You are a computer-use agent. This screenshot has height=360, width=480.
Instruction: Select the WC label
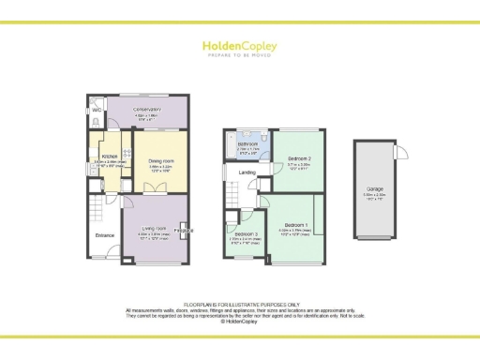point(97,110)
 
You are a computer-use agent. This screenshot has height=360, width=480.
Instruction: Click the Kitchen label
point(109,156)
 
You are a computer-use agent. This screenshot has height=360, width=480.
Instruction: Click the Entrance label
point(103,236)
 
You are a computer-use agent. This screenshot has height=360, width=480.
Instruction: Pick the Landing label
point(247,172)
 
